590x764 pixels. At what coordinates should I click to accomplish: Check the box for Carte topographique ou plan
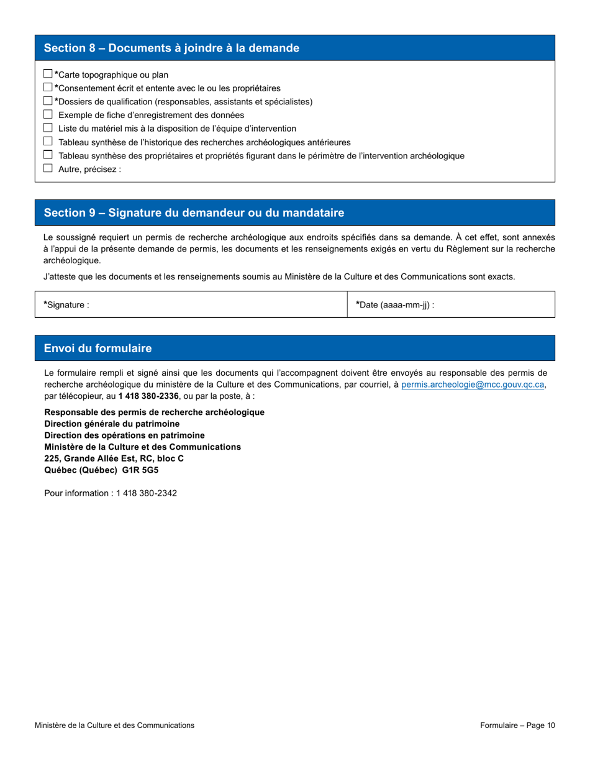48,74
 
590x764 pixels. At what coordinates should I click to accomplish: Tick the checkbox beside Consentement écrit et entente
48,88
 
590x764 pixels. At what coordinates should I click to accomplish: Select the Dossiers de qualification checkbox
48,101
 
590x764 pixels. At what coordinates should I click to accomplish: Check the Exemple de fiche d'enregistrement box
48,114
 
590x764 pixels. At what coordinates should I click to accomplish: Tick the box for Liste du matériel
48,128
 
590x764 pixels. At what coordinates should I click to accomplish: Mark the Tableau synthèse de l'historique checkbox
48,142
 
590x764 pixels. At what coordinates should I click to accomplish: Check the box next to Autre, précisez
48,168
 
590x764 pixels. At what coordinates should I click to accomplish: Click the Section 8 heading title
171,48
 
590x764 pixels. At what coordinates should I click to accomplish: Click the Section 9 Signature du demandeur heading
194,213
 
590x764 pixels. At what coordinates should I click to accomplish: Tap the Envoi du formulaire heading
98,348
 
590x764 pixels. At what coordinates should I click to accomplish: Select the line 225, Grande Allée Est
114,458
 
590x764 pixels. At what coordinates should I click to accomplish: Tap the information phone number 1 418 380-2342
147,493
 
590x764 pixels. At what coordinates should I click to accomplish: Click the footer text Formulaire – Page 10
517,725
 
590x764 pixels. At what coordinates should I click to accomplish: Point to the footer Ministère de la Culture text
114,725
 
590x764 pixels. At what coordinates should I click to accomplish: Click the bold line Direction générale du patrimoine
112,424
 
